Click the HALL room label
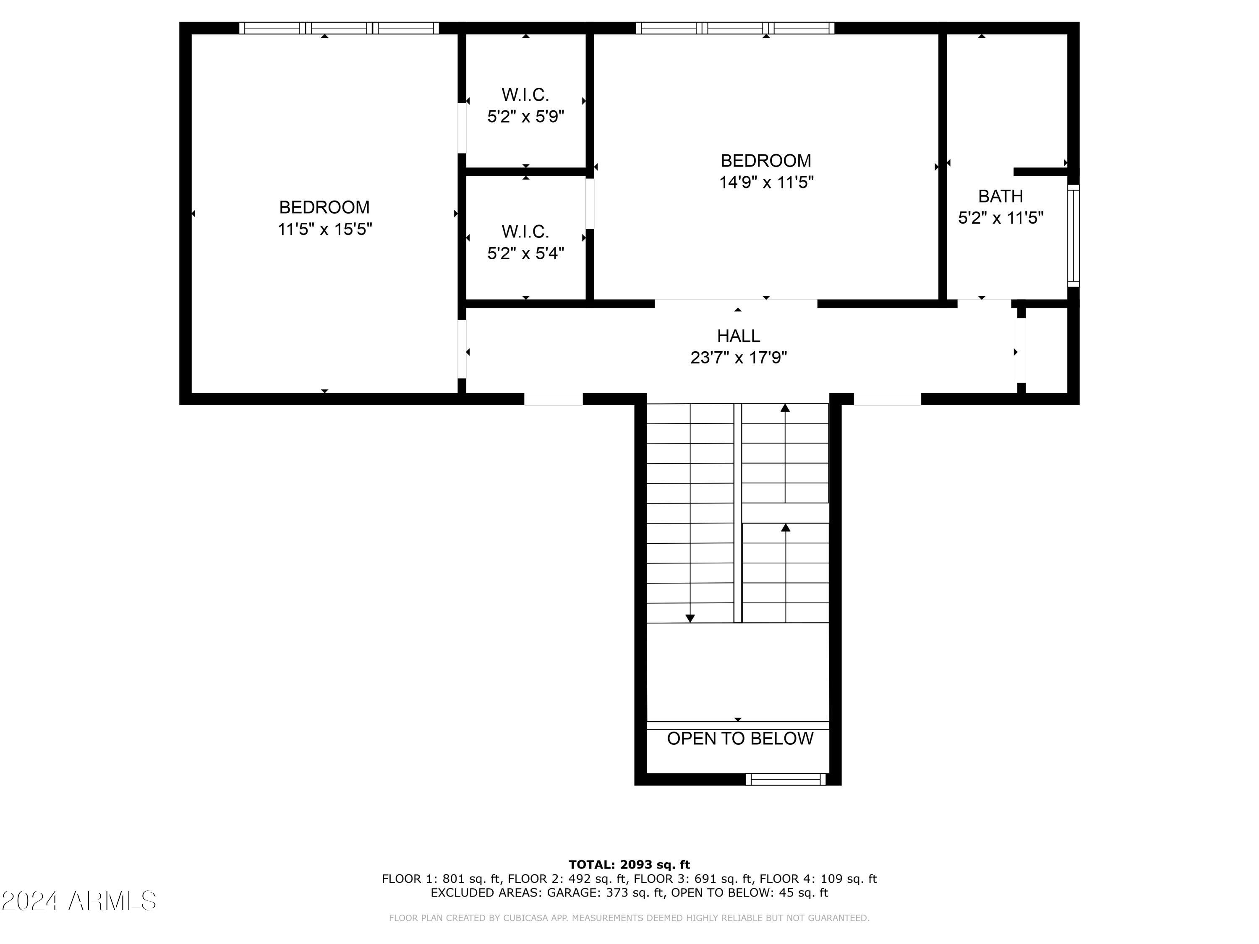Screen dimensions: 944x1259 pyautogui.click(x=738, y=336)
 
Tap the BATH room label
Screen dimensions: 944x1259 pyautogui.click(x=1000, y=196)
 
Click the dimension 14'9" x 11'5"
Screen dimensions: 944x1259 pyautogui.click(x=766, y=183)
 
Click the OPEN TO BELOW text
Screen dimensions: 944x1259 pyautogui.click(x=739, y=738)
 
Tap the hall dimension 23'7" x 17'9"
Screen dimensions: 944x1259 pyautogui.click(x=738, y=358)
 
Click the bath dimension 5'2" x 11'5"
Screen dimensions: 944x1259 pyautogui.click(x=1000, y=218)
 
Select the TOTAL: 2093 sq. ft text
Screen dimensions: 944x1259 pyautogui.click(x=629, y=865)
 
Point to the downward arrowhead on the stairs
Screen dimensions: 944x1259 pyautogui.click(x=690, y=618)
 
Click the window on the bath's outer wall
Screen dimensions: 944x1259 pyautogui.click(x=1073, y=235)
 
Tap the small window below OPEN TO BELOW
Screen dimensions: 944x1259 pyautogui.click(x=786, y=780)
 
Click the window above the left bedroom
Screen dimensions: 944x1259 pyautogui.click(x=339, y=28)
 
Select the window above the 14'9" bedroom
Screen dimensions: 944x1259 pyautogui.click(x=735, y=28)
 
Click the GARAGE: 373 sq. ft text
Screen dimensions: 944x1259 pyautogui.click(x=605, y=893)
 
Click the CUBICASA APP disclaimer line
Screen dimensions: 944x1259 pyautogui.click(x=629, y=918)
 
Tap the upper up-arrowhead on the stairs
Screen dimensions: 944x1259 pyautogui.click(x=785, y=408)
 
